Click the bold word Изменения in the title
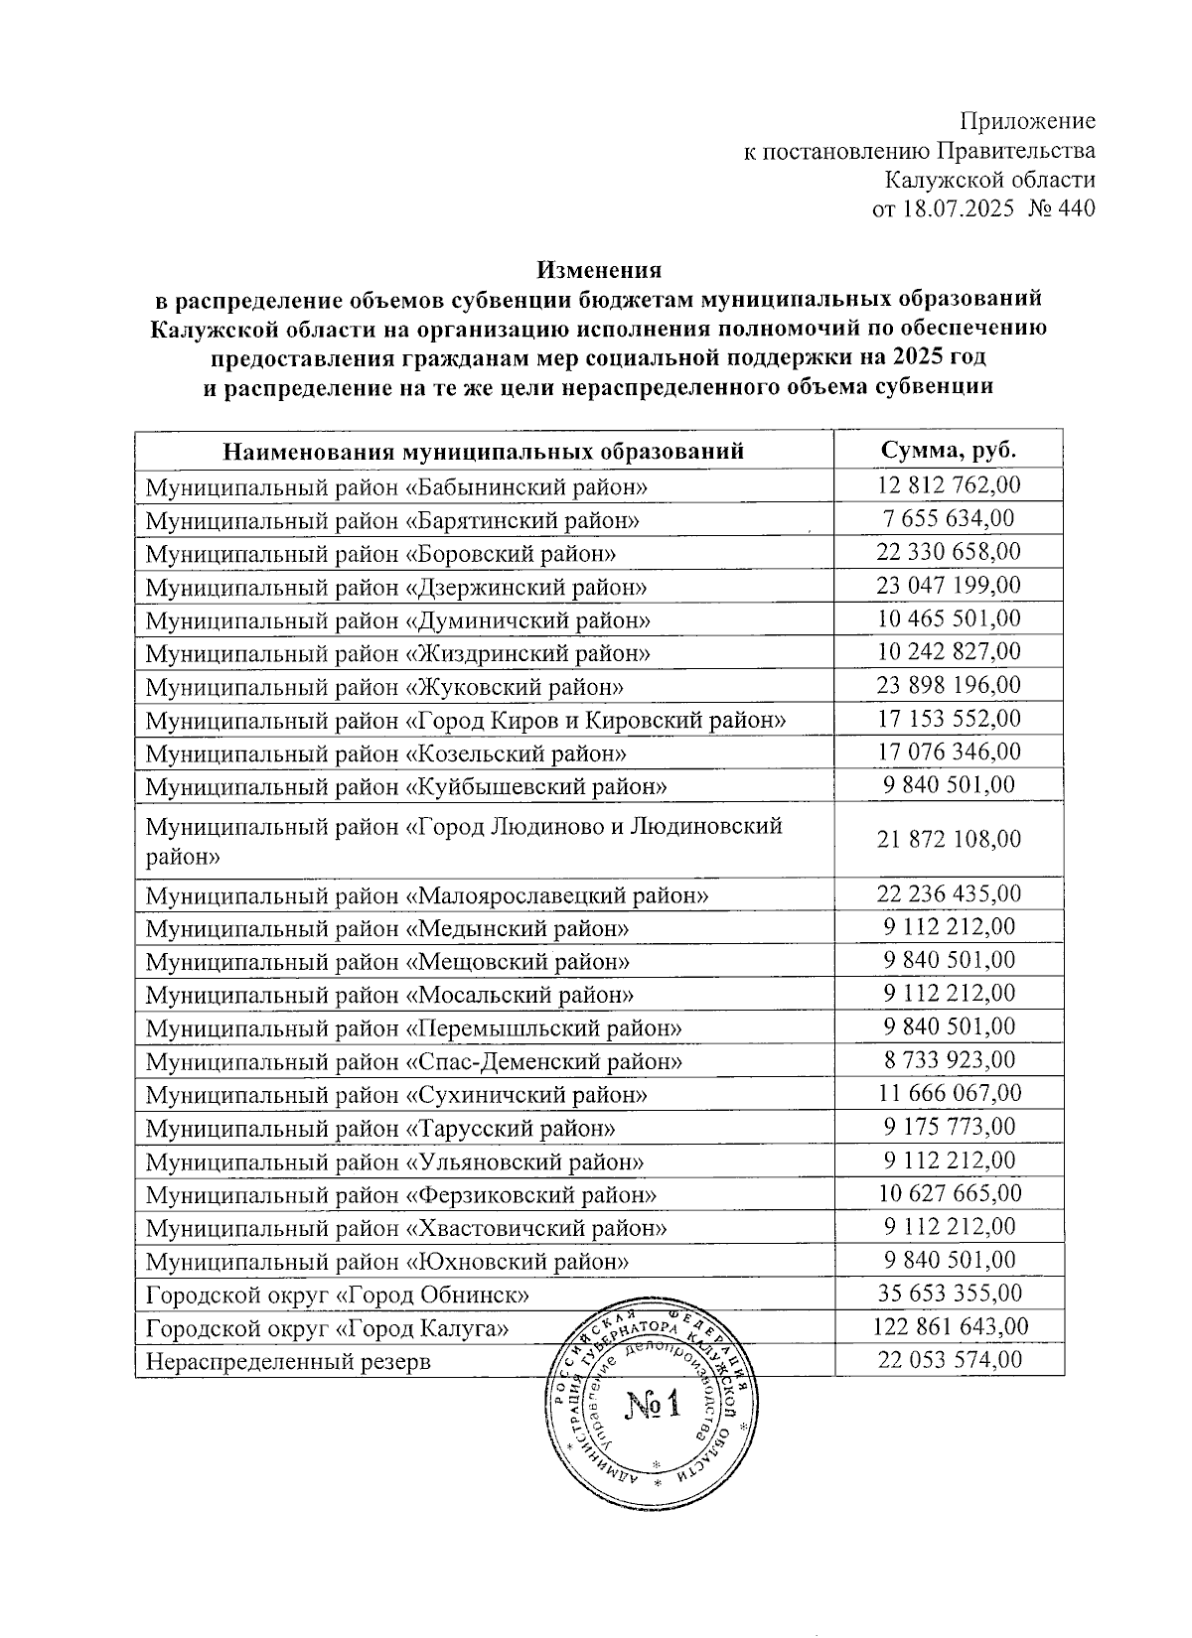599,269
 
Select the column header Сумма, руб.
949,450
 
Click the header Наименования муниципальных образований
484,452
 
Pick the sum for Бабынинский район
949,485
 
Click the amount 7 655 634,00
949,518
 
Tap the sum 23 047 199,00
949,586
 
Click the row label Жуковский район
384,686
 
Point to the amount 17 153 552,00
949,719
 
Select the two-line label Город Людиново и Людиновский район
464,839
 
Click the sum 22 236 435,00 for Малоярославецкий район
949,893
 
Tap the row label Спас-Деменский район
413,1061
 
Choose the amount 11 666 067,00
949,1094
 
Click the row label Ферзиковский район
400,1194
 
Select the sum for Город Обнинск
949,1294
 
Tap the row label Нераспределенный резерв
288,1361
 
